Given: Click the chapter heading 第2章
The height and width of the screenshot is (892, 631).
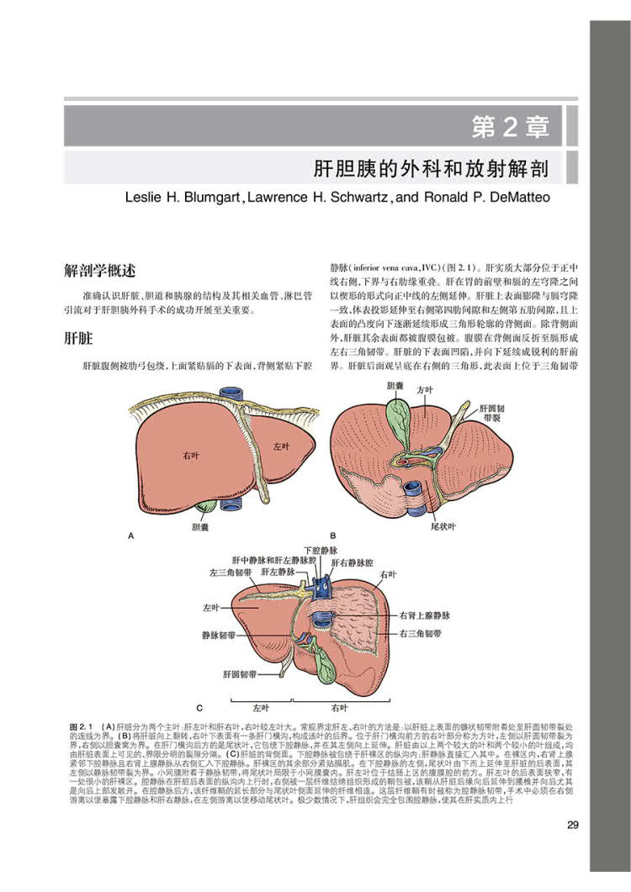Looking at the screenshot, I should pos(511,128).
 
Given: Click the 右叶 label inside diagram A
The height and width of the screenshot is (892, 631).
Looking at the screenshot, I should pos(191,455).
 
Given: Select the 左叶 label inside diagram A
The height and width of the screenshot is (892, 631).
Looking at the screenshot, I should pos(280,446).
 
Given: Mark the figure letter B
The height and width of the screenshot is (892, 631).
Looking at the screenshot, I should pos(333,535).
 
